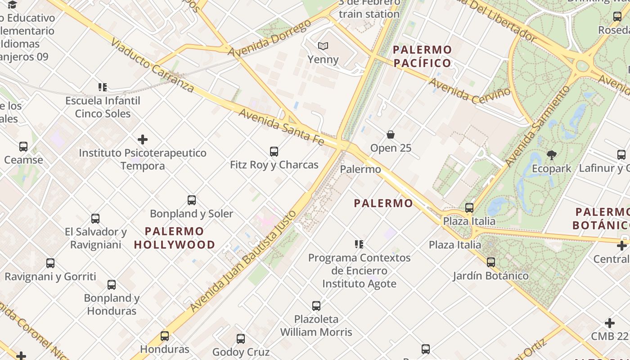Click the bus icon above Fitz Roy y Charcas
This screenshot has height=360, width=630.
pyautogui.click(x=274, y=152)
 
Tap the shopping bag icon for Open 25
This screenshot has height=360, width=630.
pyautogui.click(x=391, y=135)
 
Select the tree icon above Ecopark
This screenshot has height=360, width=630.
pyautogui.click(x=551, y=156)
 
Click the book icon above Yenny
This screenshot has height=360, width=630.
pyautogui.click(x=323, y=46)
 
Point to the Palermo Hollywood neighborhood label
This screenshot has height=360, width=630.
pyautogui.click(x=174, y=238)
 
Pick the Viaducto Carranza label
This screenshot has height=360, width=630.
pyautogui.click(x=152, y=66)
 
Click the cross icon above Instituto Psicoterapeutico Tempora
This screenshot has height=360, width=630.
pyautogui.click(x=143, y=139)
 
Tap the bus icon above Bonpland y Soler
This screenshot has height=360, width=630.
pyautogui.click(x=192, y=200)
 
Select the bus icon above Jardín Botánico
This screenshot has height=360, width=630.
pyautogui.click(x=490, y=262)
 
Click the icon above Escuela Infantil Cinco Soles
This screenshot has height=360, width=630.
pyautogui.click(x=103, y=87)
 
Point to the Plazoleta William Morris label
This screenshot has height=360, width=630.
pyautogui.click(x=316, y=326)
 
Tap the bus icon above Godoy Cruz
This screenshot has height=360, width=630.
pyautogui.click(x=241, y=339)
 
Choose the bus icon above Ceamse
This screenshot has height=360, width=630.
pyautogui.click(x=23, y=147)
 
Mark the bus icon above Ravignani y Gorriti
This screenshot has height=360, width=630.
pyautogui.click(x=50, y=263)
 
